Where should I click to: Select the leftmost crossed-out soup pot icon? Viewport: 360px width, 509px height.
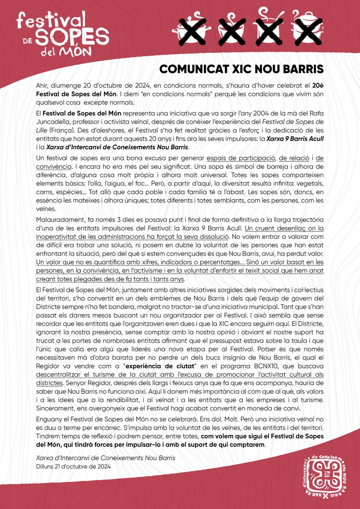186,27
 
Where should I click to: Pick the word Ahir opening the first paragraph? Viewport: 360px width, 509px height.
42,85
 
